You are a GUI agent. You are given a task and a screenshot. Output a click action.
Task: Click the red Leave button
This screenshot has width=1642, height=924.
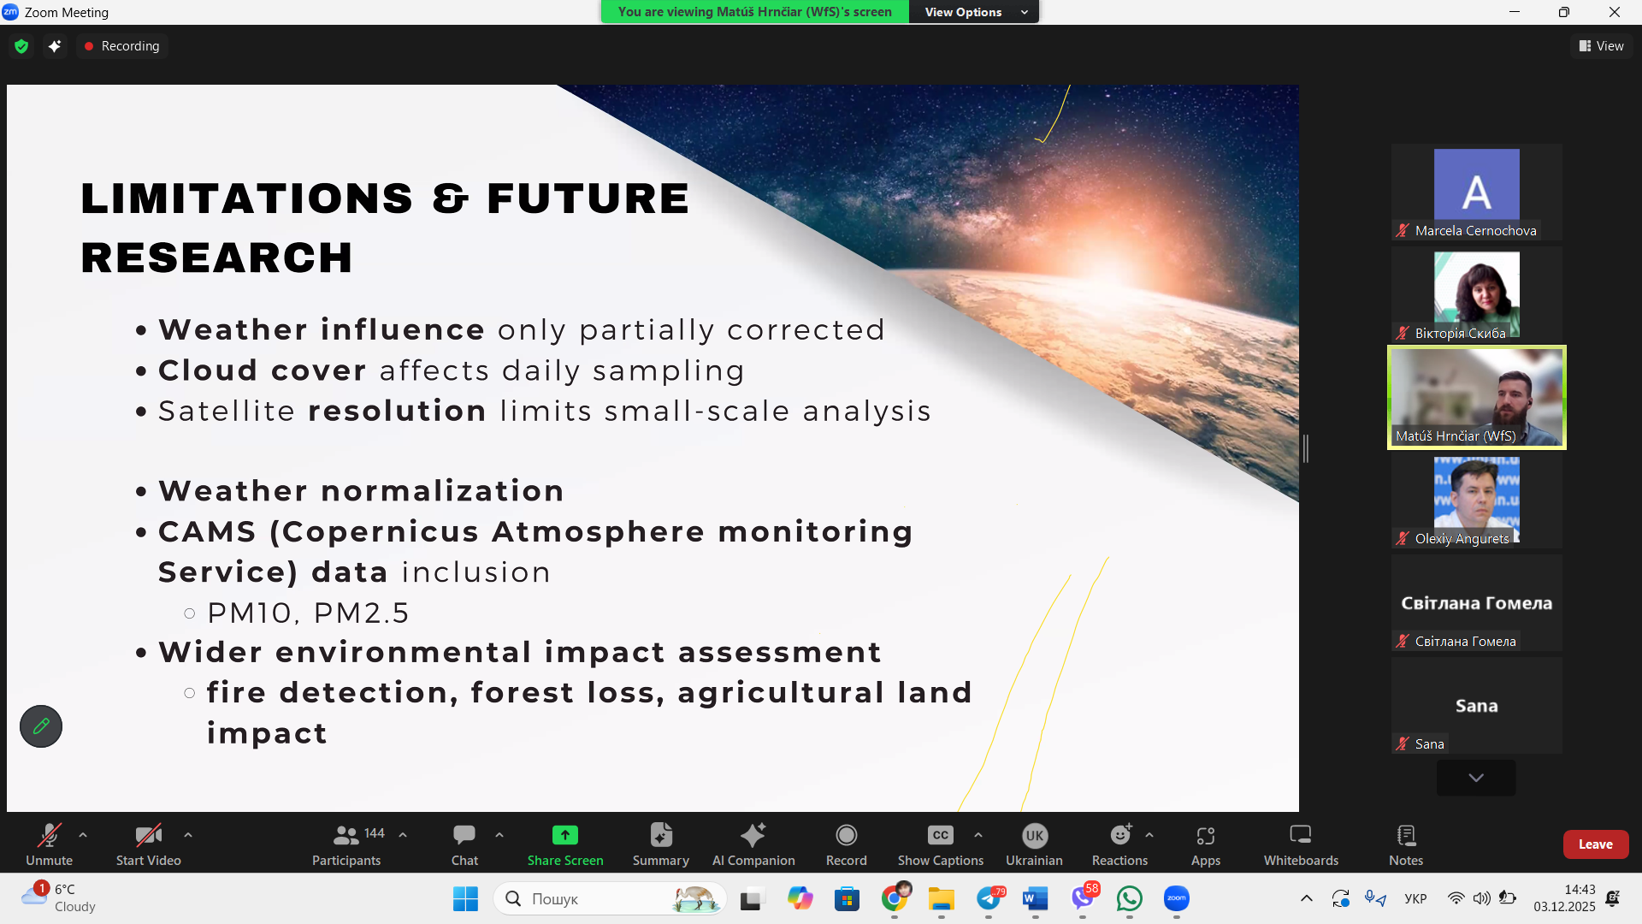[x=1595, y=844]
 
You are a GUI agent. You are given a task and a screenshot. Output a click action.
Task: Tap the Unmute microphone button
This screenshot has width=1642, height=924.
[x=49, y=844]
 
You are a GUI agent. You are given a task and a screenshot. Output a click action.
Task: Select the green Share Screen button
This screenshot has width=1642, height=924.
[x=565, y=844]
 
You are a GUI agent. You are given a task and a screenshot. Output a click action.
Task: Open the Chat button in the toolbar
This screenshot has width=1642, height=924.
[x=464, y=844]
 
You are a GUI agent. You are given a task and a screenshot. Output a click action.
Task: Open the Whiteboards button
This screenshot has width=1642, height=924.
[x=1301, y=844]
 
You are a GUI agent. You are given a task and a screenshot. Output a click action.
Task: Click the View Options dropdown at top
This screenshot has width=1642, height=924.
[x=974, y=12]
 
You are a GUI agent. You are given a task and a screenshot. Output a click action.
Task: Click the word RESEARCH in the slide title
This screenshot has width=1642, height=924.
[x=216, y=258]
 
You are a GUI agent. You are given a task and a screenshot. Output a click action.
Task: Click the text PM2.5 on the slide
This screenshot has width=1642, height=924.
[x=361, y=613]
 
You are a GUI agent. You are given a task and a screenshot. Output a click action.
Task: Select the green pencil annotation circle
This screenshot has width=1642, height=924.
[x=41, y=726]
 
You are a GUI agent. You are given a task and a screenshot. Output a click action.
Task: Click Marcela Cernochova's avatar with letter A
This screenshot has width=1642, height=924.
[x=1476, y=185]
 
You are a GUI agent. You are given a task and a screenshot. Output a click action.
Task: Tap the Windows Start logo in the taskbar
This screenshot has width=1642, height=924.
[x=465, y=898]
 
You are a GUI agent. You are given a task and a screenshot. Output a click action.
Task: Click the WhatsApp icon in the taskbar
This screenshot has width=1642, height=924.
[x=1129, y=898]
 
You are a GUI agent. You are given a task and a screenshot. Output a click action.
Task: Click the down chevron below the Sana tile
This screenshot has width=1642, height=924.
[x=1476, y=778]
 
